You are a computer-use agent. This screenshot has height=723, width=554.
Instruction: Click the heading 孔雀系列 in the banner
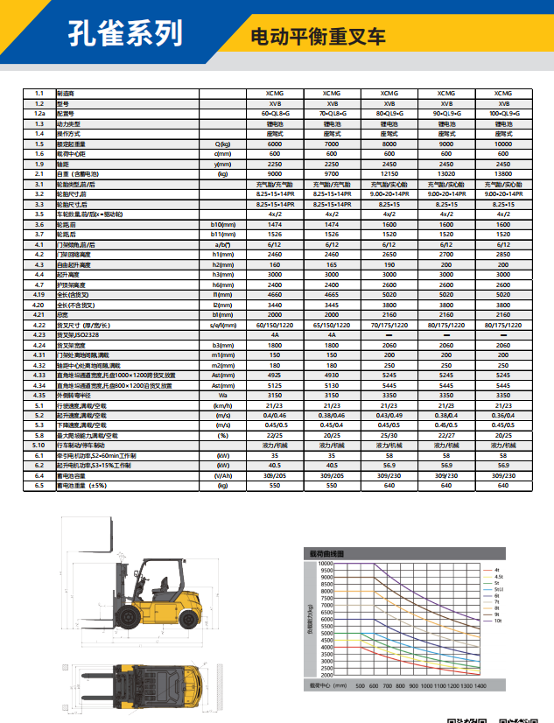point(127,33)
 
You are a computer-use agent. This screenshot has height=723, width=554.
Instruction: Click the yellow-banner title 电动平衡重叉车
point(318,38)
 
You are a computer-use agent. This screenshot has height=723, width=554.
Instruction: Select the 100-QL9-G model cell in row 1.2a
point(503,113)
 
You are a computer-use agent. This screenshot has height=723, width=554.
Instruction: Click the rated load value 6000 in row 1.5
point(274,144)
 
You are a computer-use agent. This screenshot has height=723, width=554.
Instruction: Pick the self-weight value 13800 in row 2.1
point(503,174)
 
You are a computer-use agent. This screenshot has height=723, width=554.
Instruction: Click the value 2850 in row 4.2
point(503,255)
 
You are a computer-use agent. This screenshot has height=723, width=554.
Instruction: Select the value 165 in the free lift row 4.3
point(332,265)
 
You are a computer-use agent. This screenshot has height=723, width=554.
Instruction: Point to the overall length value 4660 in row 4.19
point(274,295)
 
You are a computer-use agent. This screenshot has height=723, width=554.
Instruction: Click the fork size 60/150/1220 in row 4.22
point(274,326)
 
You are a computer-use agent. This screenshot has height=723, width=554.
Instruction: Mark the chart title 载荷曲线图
point(326,554)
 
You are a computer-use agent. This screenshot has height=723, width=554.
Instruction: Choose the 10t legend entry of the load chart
point(498,620)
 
